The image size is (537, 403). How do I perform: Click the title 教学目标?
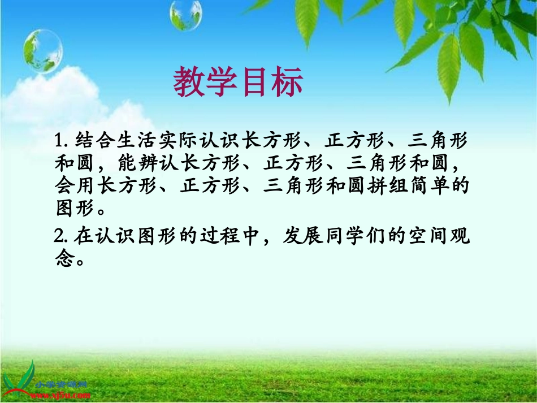coord(238,83)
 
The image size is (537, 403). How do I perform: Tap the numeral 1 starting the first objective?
coord(61,140)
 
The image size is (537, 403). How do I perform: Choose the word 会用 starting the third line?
coord(76,186)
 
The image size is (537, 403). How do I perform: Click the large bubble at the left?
coord(42,51)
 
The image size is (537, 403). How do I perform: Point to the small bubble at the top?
coord(185,15)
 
